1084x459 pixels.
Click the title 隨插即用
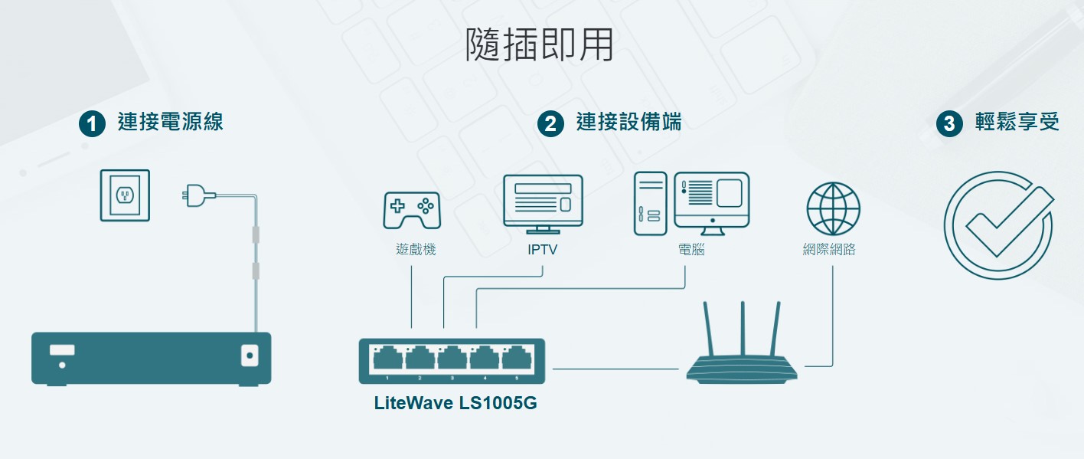coord(540,46)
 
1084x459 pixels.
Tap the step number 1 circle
coord(92,123)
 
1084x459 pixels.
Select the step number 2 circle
coord(550,123)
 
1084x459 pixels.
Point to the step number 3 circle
coord(949,123)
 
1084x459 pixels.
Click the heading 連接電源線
coord(171,122)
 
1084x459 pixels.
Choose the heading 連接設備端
coord(629,122)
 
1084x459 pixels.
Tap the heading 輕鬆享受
coord(1017,122)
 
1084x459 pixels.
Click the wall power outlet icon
coord(125,195)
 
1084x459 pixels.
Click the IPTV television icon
coord(543,203)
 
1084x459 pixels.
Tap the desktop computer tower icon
coord(650,204)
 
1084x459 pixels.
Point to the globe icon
coord(833,209)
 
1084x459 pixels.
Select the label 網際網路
coord(828,250)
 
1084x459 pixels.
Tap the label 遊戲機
coord(416,250)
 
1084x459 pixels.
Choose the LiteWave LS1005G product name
coord(455,402)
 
